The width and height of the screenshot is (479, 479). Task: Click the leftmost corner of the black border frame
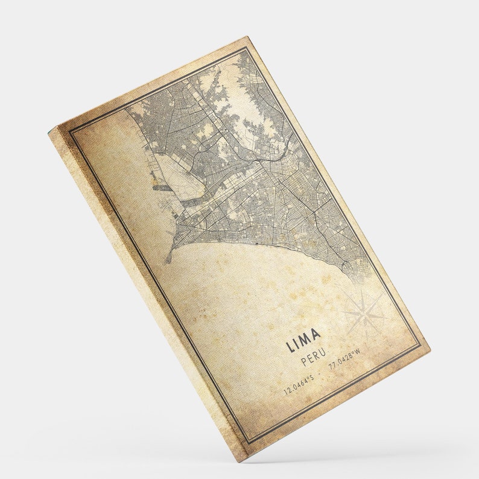coord(68,133)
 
